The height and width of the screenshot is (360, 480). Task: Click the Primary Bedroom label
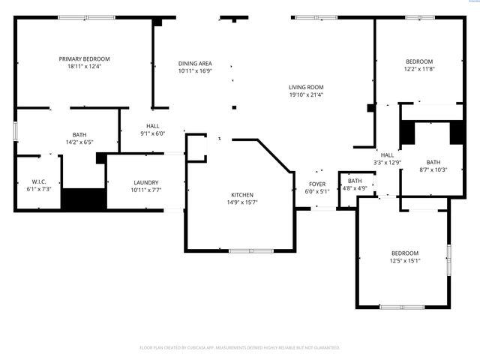[85, 58]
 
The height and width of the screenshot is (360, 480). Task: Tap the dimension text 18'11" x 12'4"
[85, 66]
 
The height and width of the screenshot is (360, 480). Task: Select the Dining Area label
[194, 63]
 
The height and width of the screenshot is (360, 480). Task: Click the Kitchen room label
[241, 195]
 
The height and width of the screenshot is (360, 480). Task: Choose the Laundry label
[145, 182]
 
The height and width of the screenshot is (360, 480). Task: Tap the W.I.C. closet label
[39, 181]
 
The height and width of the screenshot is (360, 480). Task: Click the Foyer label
[317, 184]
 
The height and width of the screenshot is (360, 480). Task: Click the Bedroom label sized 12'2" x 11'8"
[418, 61]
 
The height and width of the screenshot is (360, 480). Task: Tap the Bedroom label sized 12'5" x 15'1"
[405, 253]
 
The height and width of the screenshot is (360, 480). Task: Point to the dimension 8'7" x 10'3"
[433, 169]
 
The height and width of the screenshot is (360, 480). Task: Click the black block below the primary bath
[83, 200]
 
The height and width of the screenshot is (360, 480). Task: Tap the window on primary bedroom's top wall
[82, 16]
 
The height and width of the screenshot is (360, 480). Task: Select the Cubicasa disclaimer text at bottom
[240, 347]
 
